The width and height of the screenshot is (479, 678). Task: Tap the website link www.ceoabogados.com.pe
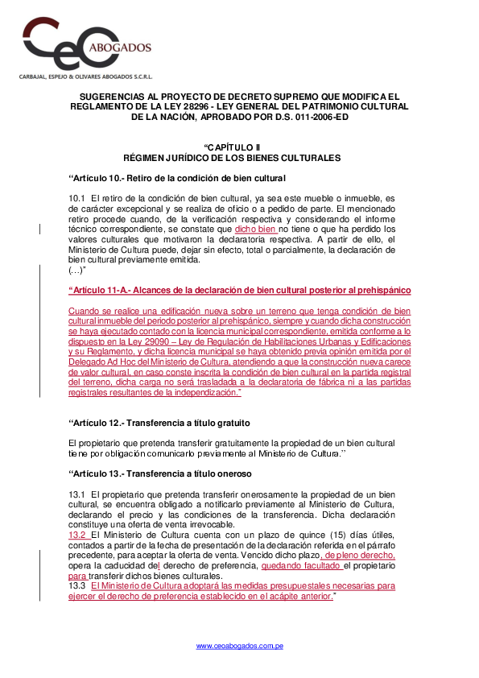click(x=239, y=646)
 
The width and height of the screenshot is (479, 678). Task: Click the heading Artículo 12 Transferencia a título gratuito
click(x=159, y=422)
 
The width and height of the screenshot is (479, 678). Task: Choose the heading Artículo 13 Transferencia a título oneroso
click(x=160, y=473)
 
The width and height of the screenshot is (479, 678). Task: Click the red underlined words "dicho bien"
click(x=256, y=229)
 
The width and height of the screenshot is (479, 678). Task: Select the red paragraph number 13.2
click(x=78, y=535)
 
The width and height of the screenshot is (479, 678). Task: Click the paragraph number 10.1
click(x=77, y=197)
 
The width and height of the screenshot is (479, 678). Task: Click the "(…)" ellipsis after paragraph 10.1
click(x=79, y=271)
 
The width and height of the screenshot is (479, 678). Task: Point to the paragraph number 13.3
click(x=77, y=586)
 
